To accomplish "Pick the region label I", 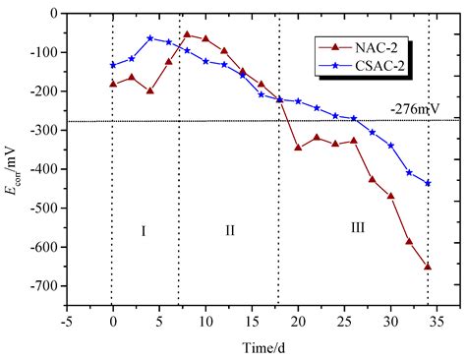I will click(144, 230).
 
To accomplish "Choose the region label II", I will click(229, 230).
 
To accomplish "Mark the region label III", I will click(358, 227).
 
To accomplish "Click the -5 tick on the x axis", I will click(66, 318).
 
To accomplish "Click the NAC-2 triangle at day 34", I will click(428, 267).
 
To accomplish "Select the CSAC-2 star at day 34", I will click(428, 183).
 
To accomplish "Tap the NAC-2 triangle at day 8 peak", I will click(187, 34).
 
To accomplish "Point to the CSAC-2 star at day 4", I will click(149, 38).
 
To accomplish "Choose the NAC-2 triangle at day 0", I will click(113, 84).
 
